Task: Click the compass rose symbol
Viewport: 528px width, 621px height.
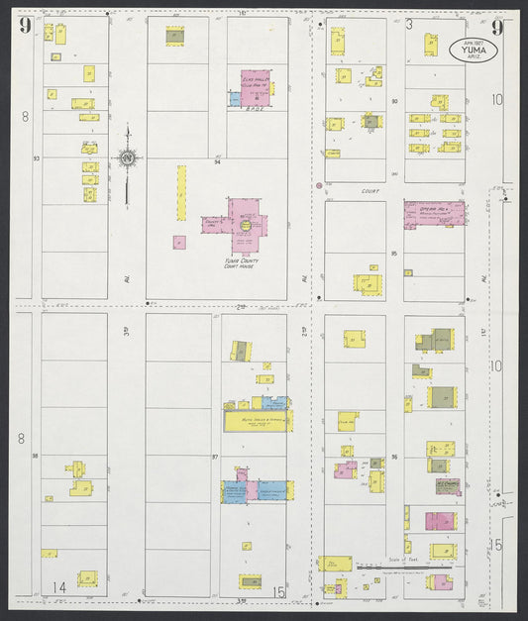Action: click(x=127, y=157)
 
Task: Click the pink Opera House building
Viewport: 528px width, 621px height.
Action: click(x=434, y=213)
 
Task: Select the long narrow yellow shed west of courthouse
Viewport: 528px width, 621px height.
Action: click(x=181, y=192)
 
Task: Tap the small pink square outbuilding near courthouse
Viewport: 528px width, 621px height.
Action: click(x=179, y=242)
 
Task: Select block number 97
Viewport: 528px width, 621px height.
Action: click(x=215, y=458)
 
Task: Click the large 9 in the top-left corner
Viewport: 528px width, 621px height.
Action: click(x=24, y=25)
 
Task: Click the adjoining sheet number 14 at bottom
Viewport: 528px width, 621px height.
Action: click(x=59, y=588)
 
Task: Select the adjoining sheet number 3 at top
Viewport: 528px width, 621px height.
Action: click(x=408, y=24)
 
